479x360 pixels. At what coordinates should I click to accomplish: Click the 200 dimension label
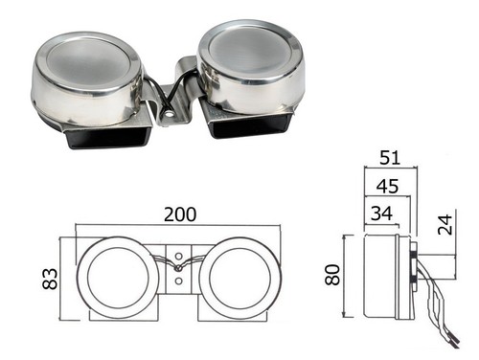coord(180,214)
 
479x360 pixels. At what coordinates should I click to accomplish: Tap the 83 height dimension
coord(50,279)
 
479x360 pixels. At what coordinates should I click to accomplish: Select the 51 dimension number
coord(390,157)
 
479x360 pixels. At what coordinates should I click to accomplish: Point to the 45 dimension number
coord(387,186)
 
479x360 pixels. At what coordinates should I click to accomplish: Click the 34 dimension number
coord(381,214)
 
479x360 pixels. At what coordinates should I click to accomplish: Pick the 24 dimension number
coord(445,225)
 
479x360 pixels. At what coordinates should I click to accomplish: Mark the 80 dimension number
coord(332,275)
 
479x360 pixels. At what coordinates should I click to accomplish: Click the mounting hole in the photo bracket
coord(170,113)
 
